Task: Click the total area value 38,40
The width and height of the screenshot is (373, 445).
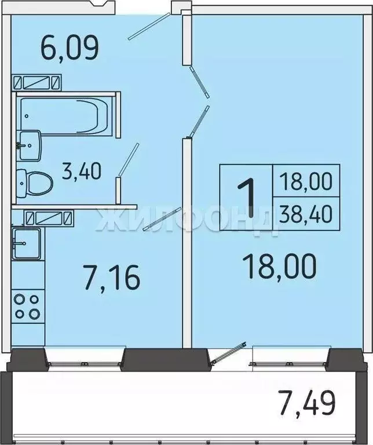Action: coord(306,213)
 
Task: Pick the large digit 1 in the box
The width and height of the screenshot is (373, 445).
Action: coord(247,198)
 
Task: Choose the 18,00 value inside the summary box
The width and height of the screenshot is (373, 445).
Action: coord(306,182)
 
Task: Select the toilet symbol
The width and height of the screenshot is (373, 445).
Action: coord(34,181)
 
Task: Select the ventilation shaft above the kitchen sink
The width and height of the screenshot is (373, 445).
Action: coord(49,218)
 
